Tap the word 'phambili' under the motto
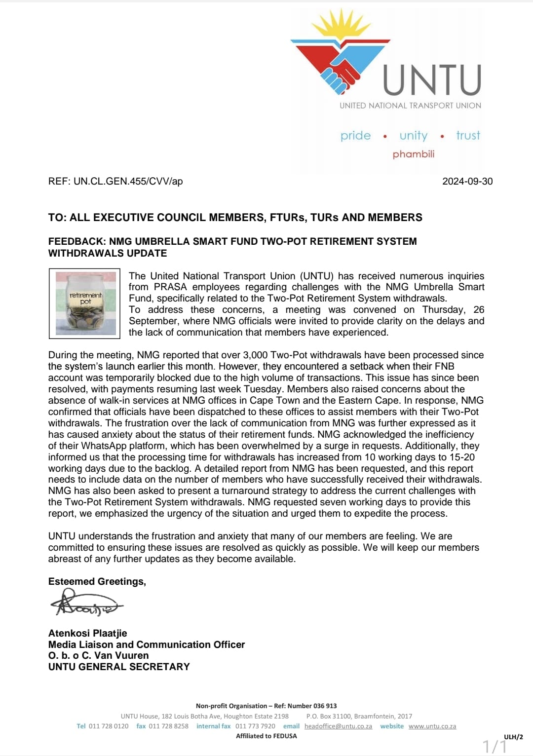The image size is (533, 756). point(414,154)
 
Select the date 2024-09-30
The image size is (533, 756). point(467,181)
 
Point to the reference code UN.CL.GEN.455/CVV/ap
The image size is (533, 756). point(128,181)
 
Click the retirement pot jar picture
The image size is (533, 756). point(85,303)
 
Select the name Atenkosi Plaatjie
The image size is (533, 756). point(87,633)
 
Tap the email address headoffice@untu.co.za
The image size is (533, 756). point(338,726)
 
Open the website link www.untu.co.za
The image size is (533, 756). point(432,726)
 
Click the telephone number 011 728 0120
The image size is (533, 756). point(109,726)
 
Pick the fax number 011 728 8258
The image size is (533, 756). point(168,726)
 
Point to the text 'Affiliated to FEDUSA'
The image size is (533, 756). point(266,736)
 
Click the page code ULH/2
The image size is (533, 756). point(513,737)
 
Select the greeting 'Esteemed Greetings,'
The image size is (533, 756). point(97,581)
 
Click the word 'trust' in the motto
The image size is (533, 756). point(468,135)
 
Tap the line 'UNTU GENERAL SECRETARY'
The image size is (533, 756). point(119,667)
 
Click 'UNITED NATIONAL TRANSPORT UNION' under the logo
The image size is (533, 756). point(410,106)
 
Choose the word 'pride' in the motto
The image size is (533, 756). point(355,136)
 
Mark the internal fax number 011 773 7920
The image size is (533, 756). point(255,726)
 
